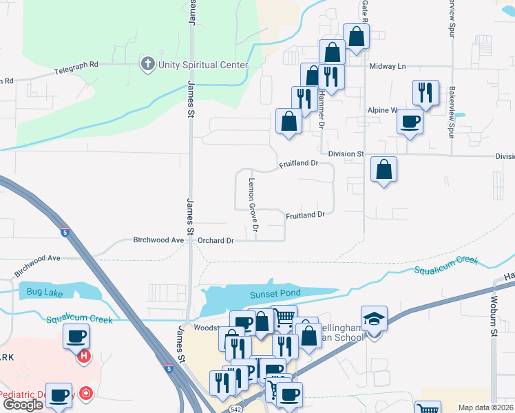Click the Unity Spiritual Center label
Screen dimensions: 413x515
[202, 65]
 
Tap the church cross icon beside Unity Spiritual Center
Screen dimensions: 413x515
[147, 65]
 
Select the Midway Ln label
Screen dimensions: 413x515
[388, 66]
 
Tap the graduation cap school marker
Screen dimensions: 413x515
[375, 319]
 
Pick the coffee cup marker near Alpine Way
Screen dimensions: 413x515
[410, 122]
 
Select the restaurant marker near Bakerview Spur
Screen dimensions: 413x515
[425, 93]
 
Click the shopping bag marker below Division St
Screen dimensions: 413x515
[383, 169]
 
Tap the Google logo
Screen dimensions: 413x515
[23, 405]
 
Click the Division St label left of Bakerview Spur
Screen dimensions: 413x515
[345, 153]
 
